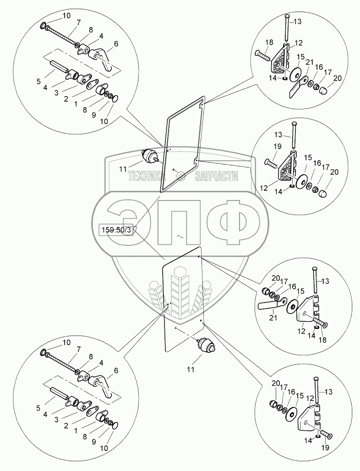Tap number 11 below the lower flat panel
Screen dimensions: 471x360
[204, 368]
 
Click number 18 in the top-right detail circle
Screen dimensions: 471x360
[269, 42]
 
